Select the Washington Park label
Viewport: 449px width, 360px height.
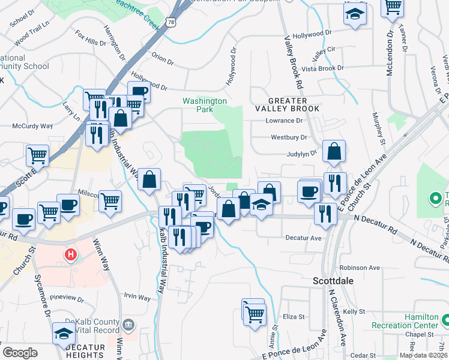click(205, 106)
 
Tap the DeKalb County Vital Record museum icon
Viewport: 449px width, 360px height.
click(128, 326)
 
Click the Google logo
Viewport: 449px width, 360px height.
click(20, 352)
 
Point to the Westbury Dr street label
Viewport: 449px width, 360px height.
click(289, 137)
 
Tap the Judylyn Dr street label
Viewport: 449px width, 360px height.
click(301, 154)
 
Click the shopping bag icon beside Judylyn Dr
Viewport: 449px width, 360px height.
click(334, 152)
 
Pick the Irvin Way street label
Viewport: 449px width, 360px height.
click(137, 297)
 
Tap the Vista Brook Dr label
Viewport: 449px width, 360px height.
click(323, 68)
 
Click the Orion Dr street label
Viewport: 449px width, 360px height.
click(162, 59)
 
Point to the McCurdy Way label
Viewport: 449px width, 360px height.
click(34, 126)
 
